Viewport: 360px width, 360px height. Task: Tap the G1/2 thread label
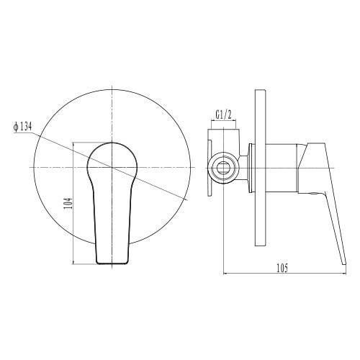[224, 114]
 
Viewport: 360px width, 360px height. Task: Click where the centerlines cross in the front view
[112, 167]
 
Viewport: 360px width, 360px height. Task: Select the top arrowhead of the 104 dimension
[76, 142]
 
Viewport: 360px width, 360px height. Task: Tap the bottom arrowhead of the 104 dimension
[76, 266]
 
